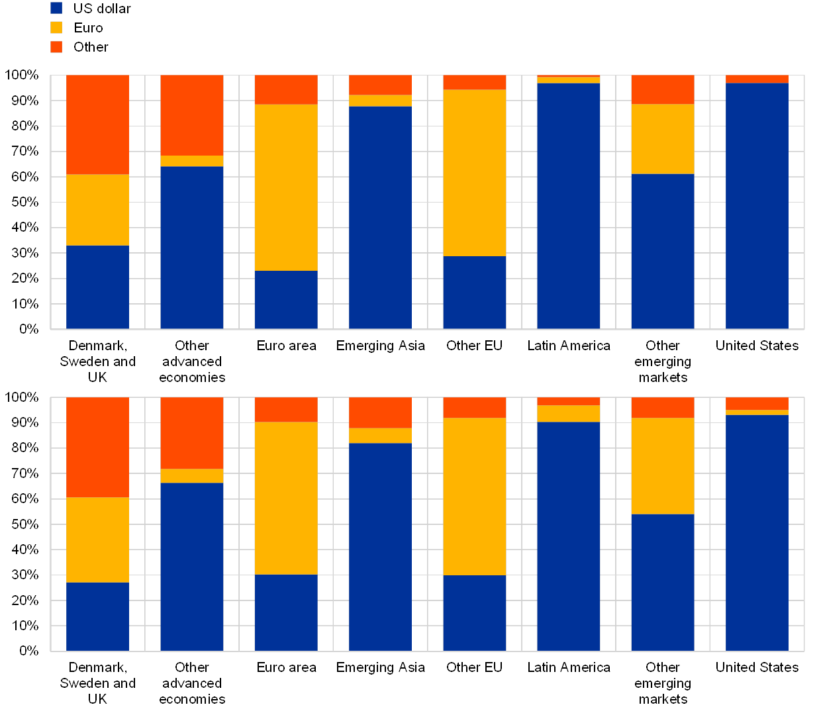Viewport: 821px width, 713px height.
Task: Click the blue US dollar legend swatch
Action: (56, 8)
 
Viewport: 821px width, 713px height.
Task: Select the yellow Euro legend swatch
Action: (56, 27)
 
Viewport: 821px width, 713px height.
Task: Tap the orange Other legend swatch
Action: (56, 46)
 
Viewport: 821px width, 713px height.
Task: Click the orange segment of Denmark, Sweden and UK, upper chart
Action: (97, 124)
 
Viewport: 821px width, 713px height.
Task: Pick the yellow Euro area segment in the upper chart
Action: (286, 187)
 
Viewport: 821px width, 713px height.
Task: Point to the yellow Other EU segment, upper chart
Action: (475, 173)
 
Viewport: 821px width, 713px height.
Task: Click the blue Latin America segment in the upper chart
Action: (568, 205)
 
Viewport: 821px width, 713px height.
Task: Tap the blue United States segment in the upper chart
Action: (757, 205)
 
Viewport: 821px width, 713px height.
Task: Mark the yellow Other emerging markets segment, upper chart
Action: (662, 139)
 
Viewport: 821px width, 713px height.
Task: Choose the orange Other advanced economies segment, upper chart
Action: (192, 115)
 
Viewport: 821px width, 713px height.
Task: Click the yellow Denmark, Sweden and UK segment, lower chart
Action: (97, 540)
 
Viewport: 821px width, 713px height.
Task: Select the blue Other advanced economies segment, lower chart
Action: (192, 567)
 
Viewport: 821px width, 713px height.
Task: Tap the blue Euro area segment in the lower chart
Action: (286, 612)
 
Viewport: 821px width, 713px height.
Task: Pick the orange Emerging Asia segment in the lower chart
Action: (380, 412)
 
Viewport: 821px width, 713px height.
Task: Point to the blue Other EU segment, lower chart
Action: (475, 612)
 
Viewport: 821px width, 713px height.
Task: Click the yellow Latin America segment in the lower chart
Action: (568, 413)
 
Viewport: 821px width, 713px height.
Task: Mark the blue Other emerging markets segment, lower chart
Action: (662, 582)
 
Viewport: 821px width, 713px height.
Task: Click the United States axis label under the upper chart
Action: (757, 346)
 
